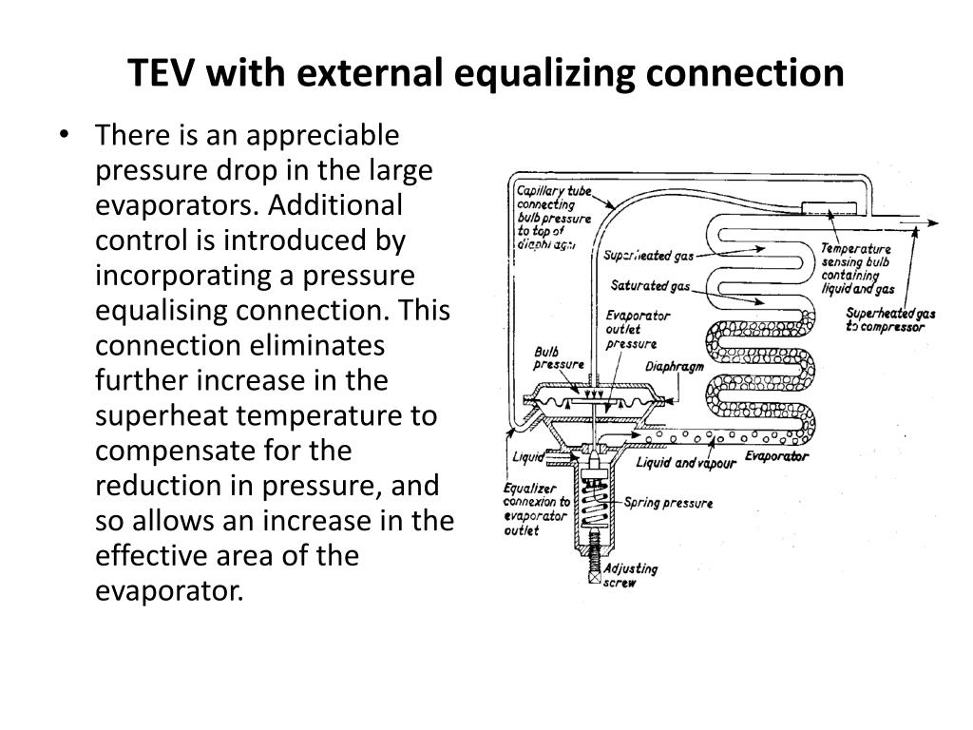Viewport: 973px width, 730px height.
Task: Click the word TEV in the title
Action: coord(166,72)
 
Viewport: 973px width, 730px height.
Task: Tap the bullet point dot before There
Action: coord(64,135)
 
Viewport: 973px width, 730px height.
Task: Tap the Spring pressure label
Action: coord(668,503)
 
